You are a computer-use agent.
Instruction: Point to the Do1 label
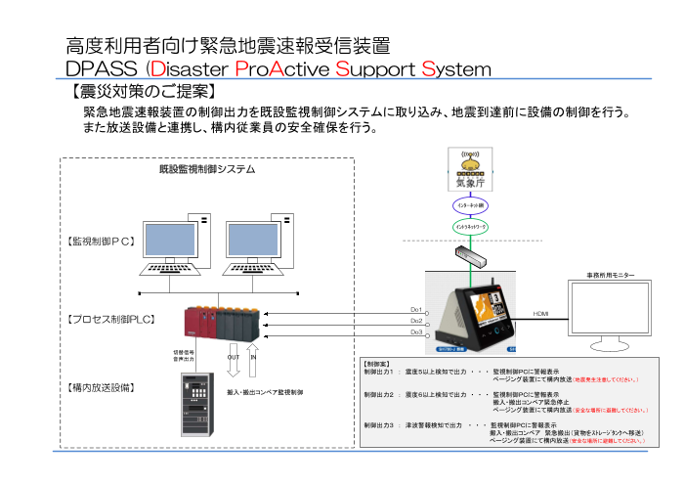coord(416,310)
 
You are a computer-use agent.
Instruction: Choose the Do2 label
coord(416,321)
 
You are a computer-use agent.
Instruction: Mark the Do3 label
coord(416,332)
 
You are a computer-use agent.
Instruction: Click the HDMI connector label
coord(541,314)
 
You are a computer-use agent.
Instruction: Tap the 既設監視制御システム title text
coord(207,169)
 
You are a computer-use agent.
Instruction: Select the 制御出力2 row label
coord(377,394)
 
